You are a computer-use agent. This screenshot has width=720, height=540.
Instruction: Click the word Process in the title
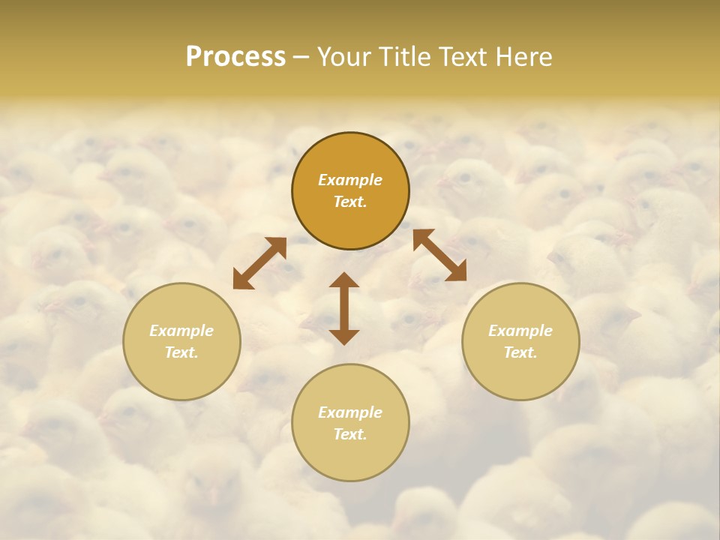point(235,57)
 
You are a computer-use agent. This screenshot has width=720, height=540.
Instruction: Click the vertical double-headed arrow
point(344,308)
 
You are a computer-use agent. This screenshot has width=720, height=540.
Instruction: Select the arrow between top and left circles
point(259,263)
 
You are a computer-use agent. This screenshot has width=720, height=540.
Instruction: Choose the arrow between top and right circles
point(439,255)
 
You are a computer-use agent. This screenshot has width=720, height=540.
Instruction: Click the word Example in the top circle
point(350,180)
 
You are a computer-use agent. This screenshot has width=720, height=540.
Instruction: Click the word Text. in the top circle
point(350,202)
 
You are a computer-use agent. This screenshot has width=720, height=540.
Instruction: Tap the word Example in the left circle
point(181,331)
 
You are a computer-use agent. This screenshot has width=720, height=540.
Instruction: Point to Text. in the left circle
point(181,352)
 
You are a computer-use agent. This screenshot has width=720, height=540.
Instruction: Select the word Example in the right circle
point(520,331)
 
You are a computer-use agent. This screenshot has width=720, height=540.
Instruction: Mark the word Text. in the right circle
point(520,352)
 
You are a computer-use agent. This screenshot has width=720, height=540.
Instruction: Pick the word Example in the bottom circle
point(350,412)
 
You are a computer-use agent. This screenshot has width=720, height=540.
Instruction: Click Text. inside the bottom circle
point(350,434)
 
